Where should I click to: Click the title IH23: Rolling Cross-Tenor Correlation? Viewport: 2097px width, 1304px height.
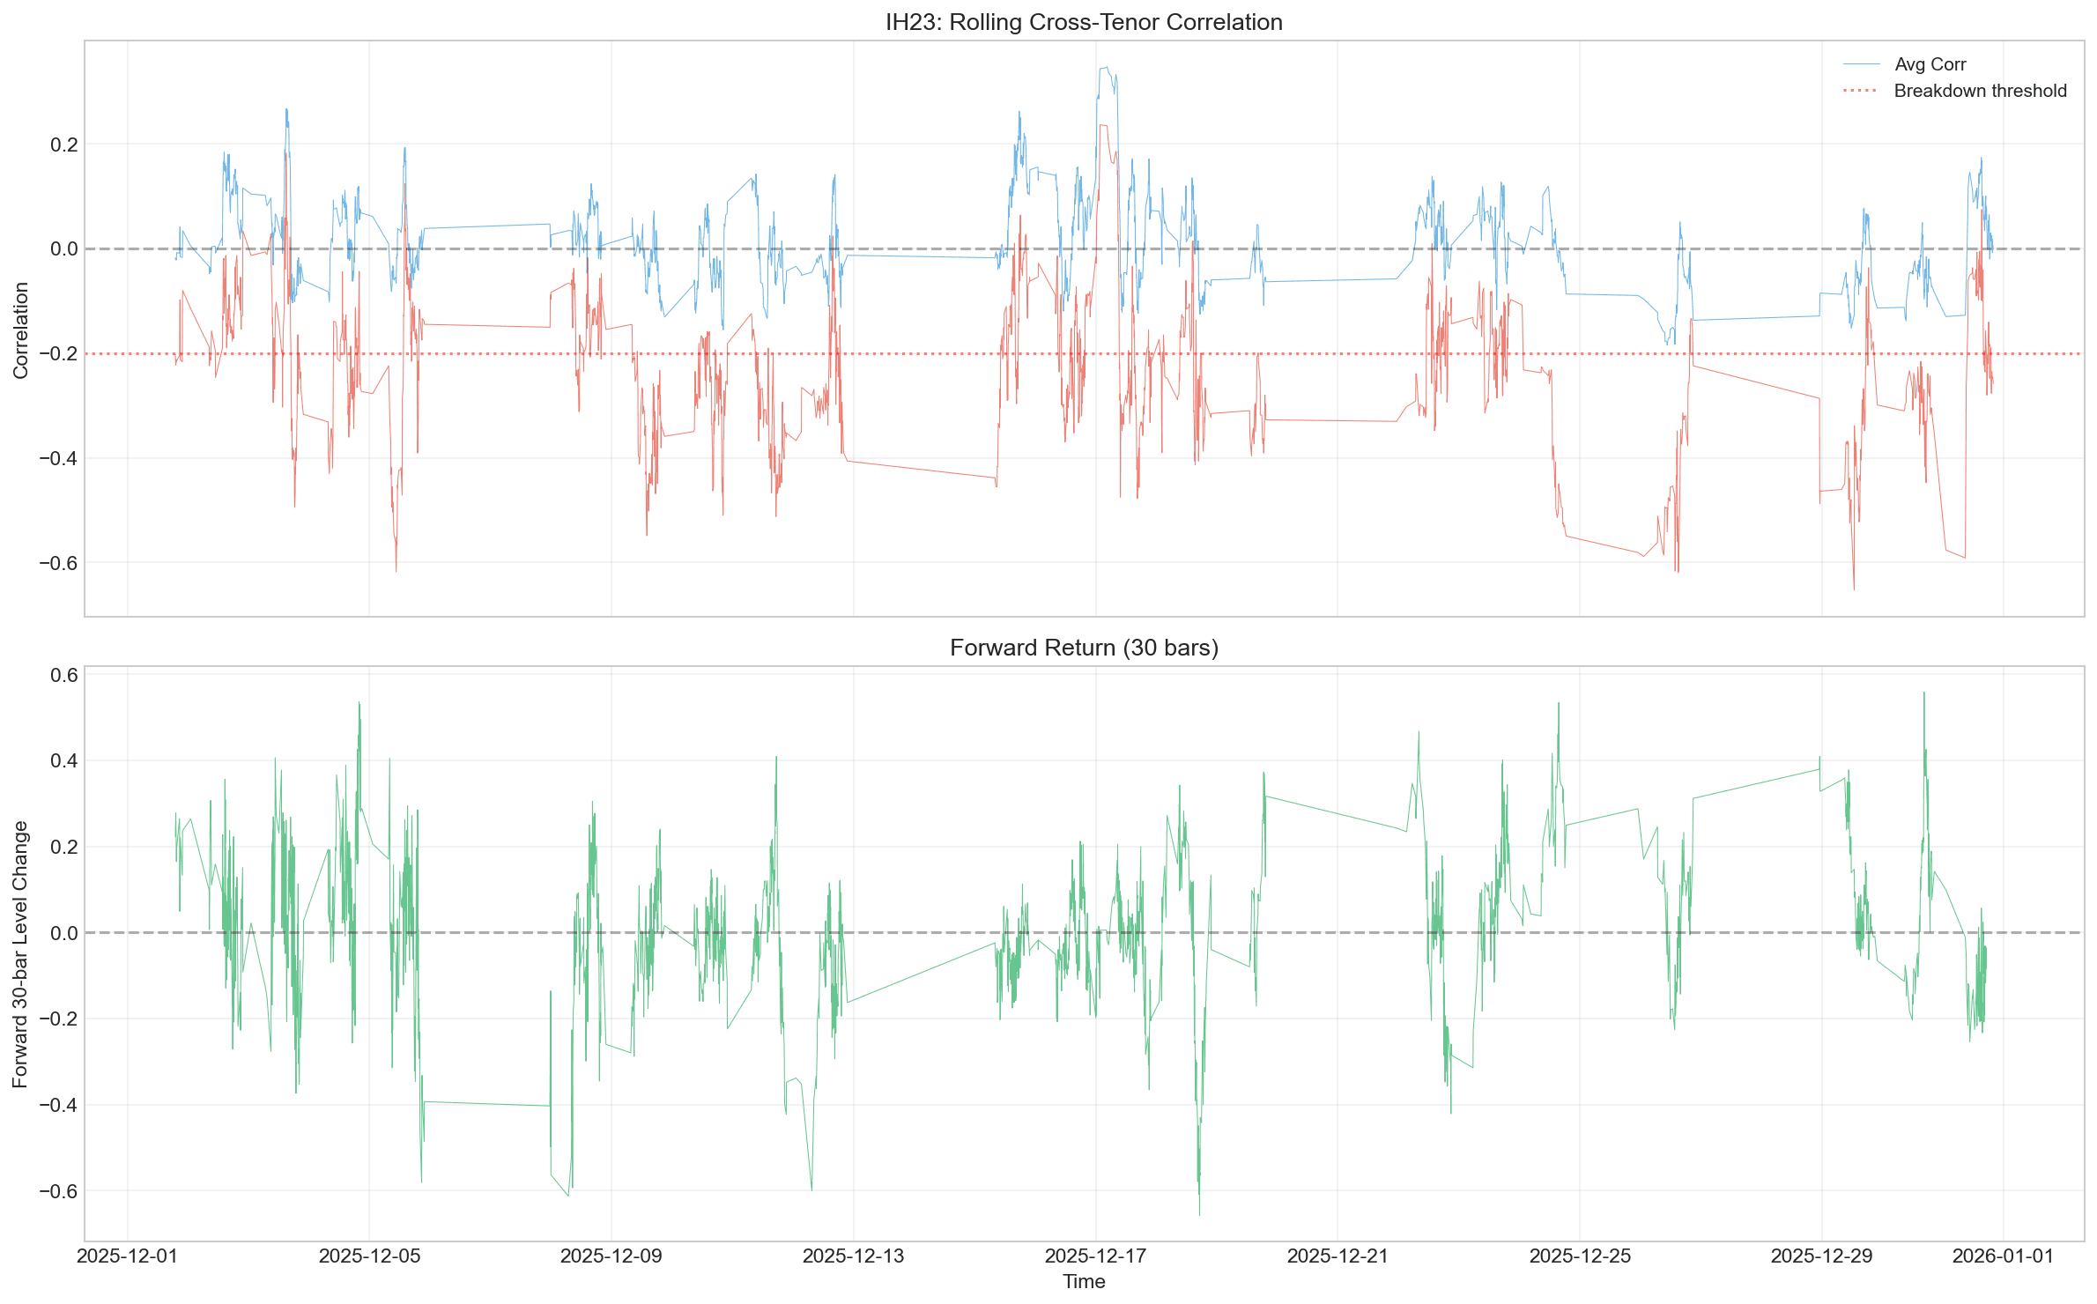click(1084, 22)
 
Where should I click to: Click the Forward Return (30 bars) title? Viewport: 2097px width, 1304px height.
click(1084, 648)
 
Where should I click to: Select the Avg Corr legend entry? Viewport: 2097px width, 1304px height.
click(1930, 64)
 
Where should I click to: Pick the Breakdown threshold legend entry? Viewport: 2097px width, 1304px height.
click(1980, 91)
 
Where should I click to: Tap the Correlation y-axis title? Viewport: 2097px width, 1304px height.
click(21, 330)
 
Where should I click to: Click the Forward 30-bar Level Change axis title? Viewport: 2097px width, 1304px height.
click(21, 954)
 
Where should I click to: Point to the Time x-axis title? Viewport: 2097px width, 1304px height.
click(1084, 1281)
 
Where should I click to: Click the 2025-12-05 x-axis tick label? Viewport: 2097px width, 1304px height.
click(369, 1256)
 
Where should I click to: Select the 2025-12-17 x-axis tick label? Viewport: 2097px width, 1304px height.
click(1095, 1256)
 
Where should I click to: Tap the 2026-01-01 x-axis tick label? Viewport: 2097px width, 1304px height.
click(2003, 1256)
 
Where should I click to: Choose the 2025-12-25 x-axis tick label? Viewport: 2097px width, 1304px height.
click(1580, 1256)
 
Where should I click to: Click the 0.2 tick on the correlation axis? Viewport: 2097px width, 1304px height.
click(63, 144)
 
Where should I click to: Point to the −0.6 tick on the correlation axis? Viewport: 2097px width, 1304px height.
click(58, 563)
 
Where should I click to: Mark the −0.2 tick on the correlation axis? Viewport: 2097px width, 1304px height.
click(58, 354)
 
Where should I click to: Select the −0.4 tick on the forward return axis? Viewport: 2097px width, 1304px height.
click(58, 1105)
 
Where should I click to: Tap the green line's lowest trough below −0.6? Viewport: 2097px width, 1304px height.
click(1199, 1215)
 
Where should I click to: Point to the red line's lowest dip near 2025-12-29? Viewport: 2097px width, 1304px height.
click(1854, 589)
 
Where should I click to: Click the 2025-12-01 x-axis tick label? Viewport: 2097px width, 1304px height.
click(128, 1256)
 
